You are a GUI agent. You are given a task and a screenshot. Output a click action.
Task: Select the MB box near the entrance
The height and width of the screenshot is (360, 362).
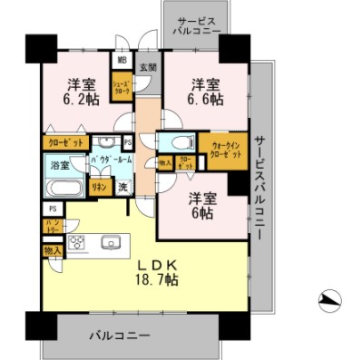point(121,62)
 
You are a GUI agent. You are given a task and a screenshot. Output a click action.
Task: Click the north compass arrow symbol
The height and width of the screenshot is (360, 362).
point(331,300)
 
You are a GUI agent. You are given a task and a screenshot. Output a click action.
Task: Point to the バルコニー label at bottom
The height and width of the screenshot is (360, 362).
point(120,336)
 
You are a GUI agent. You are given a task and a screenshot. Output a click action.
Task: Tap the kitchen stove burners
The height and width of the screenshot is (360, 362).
point(77,242)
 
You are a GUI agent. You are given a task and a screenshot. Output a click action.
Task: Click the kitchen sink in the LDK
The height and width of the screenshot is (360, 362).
point(113,243)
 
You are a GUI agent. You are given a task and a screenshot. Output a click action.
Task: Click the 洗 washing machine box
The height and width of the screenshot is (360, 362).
point(122,187)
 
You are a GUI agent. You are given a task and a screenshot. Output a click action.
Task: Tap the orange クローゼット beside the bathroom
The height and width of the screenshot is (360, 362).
point(64,143)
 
